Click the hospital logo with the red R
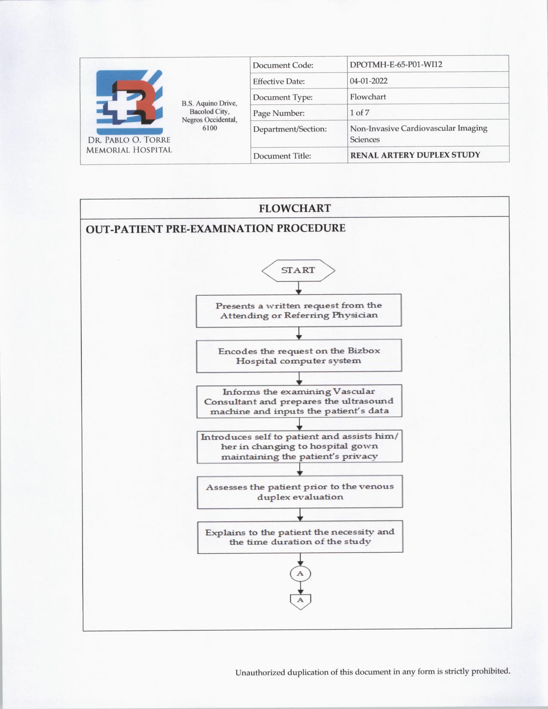click(x=129, y=102)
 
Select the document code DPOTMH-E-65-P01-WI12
click(x=396, y=64)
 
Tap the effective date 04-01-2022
click(x=368, y=81)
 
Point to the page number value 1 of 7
click(x=359, y=113)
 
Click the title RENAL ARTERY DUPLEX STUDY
click(x=415, y=155)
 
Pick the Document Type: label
click(x=282, y=98)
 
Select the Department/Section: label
click(x=290, y=129)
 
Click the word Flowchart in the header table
click(x=367, y=97)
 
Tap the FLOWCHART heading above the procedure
click(x=295, y=208)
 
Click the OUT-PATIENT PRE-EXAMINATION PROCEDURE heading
click(x=215, y=228)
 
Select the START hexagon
click(x=298, y=270)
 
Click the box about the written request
click(x=299, y=310)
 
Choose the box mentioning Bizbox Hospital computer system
click(x=299, y=356)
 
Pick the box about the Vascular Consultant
click(x=299, y=401)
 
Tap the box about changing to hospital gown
click(x=300, y=446)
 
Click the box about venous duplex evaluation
click(x=300, y=492)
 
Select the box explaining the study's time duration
click(x=300, y=537)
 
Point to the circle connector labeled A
click(x=300, y=574)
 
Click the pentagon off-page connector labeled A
click(x=300, y=601)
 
